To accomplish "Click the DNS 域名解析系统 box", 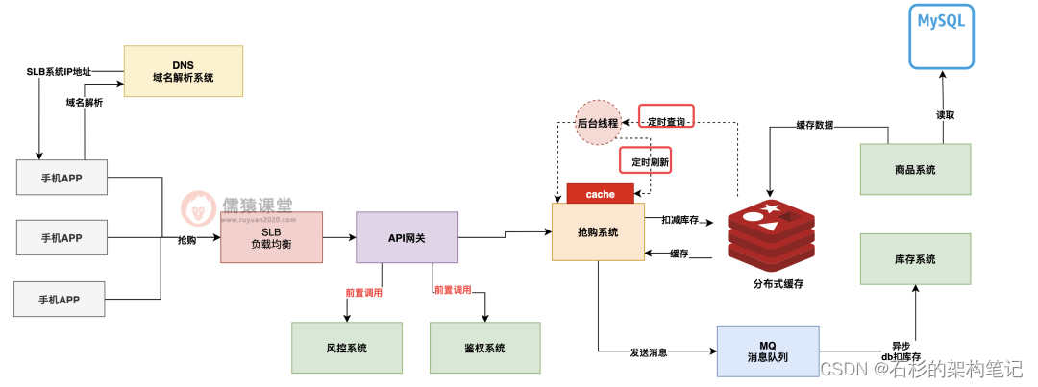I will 183,70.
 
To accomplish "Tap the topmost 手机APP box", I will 61,178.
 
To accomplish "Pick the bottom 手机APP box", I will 61,299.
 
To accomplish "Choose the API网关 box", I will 407,237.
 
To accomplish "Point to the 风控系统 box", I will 347,348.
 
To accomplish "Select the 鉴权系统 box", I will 484,348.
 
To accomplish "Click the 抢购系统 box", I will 598,232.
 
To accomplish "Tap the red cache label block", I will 600,194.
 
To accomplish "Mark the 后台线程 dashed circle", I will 598,123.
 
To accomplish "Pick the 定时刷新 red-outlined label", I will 644,161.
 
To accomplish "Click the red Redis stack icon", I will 771,233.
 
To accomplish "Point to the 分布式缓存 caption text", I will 778,285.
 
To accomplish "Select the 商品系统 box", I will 914,170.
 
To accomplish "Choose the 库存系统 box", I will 914,259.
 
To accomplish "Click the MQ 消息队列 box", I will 768,351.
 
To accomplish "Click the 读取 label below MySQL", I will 945,114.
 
